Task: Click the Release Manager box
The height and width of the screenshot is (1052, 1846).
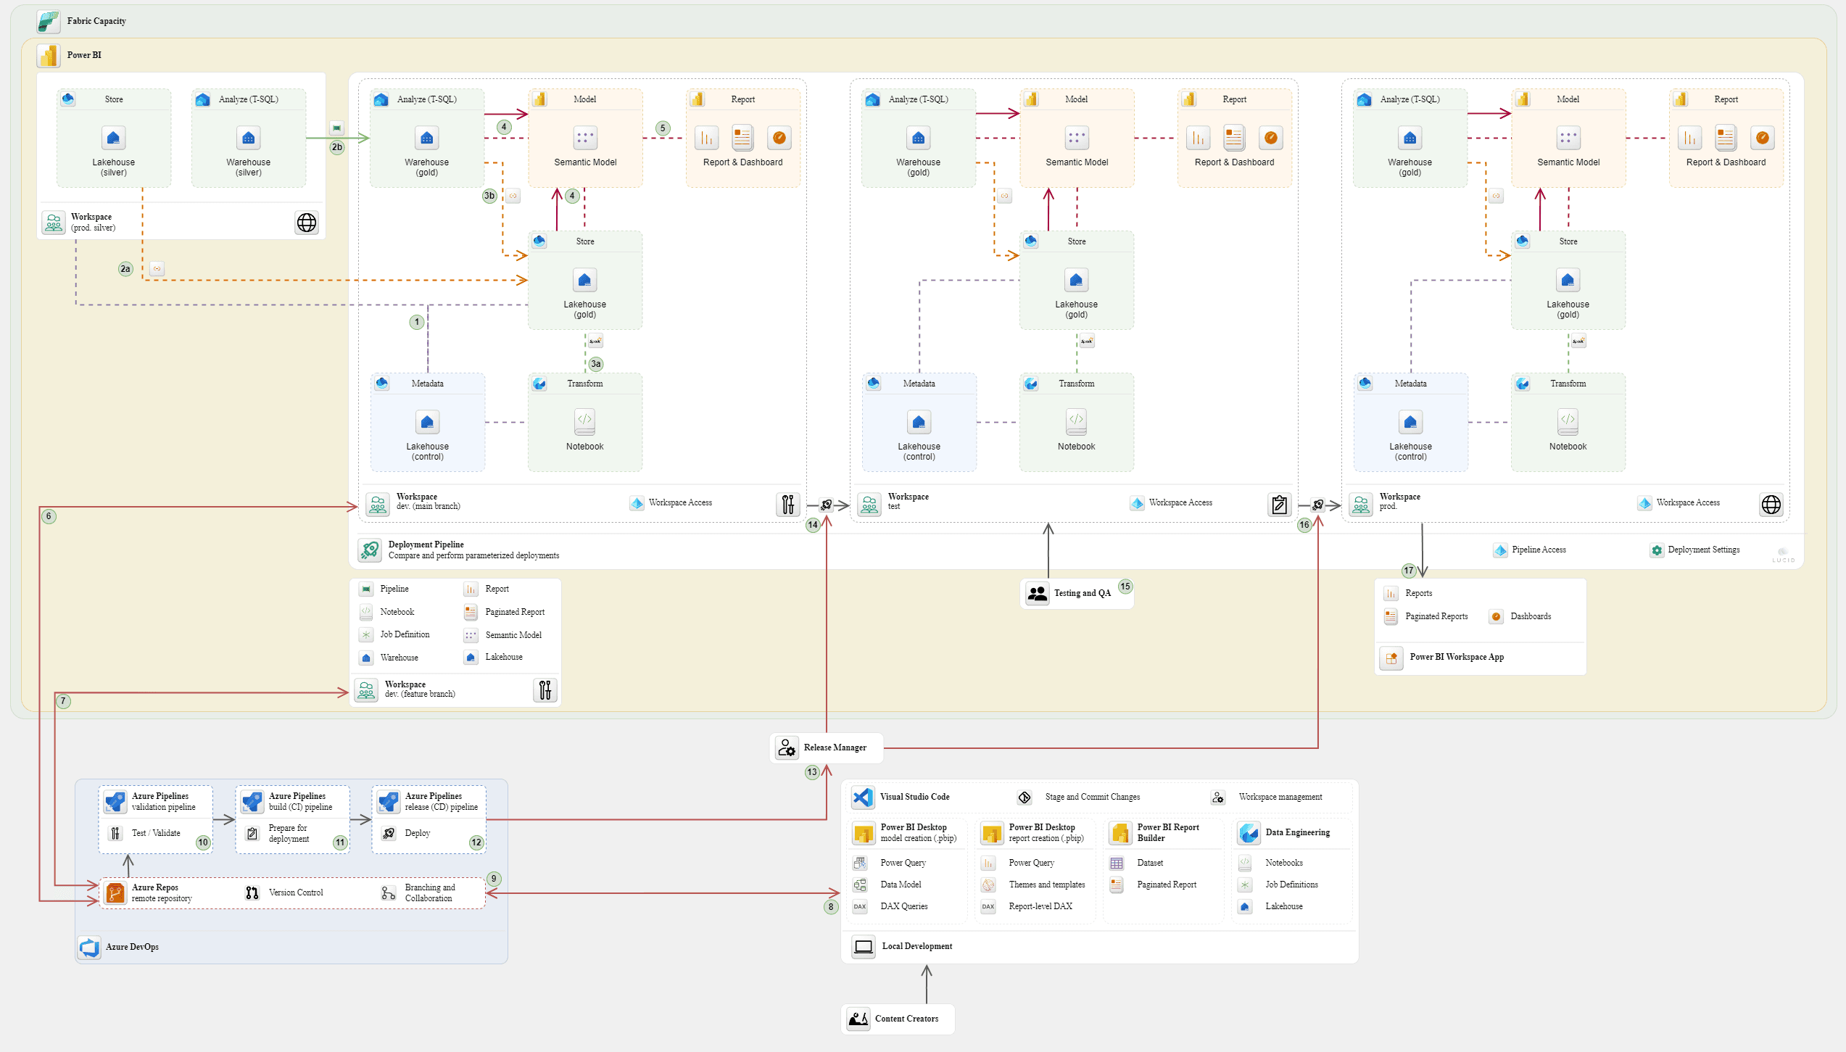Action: click(826, 747)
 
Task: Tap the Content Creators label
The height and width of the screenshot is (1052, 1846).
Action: click(906, 1019)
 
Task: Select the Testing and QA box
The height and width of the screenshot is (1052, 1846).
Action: click(1076, 593)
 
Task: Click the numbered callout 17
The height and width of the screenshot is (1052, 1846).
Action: click(1408, 571)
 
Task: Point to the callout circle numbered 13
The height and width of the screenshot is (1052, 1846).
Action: click(812, 772)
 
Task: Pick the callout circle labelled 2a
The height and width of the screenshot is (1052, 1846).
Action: click(125, 269)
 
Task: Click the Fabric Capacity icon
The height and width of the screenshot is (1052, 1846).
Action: click(49, 22)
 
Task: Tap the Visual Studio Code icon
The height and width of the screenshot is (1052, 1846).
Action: click(863, 797)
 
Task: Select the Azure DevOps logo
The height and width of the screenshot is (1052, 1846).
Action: click(90, 947)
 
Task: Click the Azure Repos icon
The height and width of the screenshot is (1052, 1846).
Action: click(115, 892)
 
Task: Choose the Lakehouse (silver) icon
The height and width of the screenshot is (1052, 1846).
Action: click(113, 138)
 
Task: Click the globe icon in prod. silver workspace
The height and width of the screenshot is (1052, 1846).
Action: click(307, 223)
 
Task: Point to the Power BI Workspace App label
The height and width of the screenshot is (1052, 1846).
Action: click(1456, 657)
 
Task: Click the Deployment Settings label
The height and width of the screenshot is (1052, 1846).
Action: click(1703, 550)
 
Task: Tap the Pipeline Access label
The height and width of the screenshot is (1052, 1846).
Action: click(1539, 550)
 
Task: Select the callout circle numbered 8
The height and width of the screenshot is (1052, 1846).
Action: click(831, 906)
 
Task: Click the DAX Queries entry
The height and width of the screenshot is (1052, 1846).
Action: click(903, 906)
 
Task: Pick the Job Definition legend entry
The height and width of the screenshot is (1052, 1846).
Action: click(405, 634)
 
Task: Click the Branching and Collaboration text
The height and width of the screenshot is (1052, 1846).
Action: click(430, 892)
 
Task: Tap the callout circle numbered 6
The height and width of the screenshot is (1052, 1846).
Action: click(49, 516)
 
